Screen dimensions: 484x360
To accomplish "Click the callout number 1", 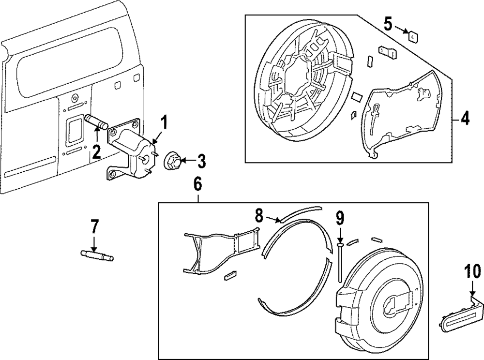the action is tap(165, 122).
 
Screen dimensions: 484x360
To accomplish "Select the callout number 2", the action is tap(96, 152).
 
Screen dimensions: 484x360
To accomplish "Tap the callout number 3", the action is tap(201, 161).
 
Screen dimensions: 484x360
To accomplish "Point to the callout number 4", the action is tap(465, 119).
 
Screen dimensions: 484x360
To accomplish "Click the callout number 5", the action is tap(388, 24).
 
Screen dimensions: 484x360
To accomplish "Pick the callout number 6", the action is tap(197, 184).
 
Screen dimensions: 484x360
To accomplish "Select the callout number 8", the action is tap(259, 216).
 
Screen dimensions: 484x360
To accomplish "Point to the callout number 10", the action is tap(472, 271).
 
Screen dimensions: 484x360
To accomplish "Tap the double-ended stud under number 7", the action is tap(97, 255).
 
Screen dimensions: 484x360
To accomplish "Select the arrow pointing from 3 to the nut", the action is tap(189, 161).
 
